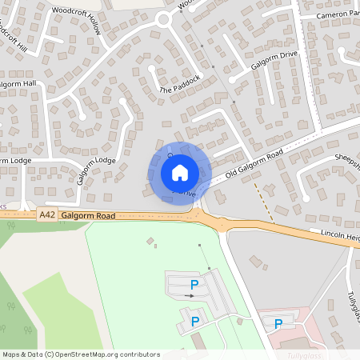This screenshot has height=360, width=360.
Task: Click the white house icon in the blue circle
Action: click(x=180, y=172)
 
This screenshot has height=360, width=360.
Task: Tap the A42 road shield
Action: click(x=47, y=215)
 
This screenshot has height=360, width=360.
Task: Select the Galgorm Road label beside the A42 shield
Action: click(x=88, y=216)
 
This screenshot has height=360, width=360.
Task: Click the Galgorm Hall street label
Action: click(x=18, y=83)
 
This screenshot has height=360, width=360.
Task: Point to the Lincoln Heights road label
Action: click(x=335, y=235)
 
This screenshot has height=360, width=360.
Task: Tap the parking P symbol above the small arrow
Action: click(x=193, y=284)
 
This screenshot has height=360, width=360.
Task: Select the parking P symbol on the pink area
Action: click(x=278, y=324)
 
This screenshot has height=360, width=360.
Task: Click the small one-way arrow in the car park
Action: click(x=189, y=296)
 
